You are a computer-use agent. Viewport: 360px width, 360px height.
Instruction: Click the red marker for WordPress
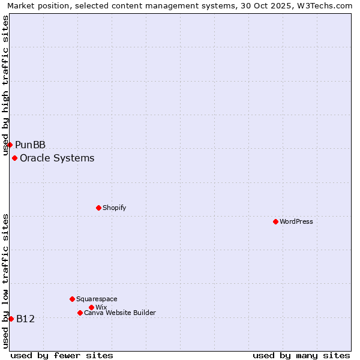[x=275, y=221]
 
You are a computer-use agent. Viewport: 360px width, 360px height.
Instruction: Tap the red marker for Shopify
[x=98, y=208]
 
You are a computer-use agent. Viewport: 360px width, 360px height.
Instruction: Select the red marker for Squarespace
[x=72, y=299]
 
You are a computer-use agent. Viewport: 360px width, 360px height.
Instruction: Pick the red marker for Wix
[x=91, y=307]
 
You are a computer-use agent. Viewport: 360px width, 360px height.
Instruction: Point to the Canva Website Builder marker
[x=80, y=313]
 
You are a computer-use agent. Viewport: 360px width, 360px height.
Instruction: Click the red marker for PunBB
[x=10, y=145]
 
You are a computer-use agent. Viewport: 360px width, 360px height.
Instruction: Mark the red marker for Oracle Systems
[x=14, y=158]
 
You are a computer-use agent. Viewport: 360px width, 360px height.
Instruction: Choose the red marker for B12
[x=11, y=319]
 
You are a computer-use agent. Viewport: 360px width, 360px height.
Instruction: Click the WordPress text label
[x=296, y=221]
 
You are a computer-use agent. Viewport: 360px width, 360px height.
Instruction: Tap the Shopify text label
[x=114, y=208]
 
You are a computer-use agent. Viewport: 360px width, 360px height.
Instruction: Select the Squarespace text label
[x=97, y=299]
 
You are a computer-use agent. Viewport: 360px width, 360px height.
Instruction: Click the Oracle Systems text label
[x=57, y=158]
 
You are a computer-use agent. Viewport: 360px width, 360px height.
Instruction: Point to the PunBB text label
[x=31, y=145]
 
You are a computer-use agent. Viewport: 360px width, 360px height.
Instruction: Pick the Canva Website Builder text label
[x=120, y=313]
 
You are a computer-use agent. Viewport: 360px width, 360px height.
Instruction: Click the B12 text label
[x=26, y=319]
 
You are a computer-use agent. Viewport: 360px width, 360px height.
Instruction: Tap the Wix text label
[x=101, y=307]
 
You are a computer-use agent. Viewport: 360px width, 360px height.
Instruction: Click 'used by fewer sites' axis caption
[x=62, y=355]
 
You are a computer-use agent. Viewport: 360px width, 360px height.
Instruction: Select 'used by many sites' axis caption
[x=301, y=355]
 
